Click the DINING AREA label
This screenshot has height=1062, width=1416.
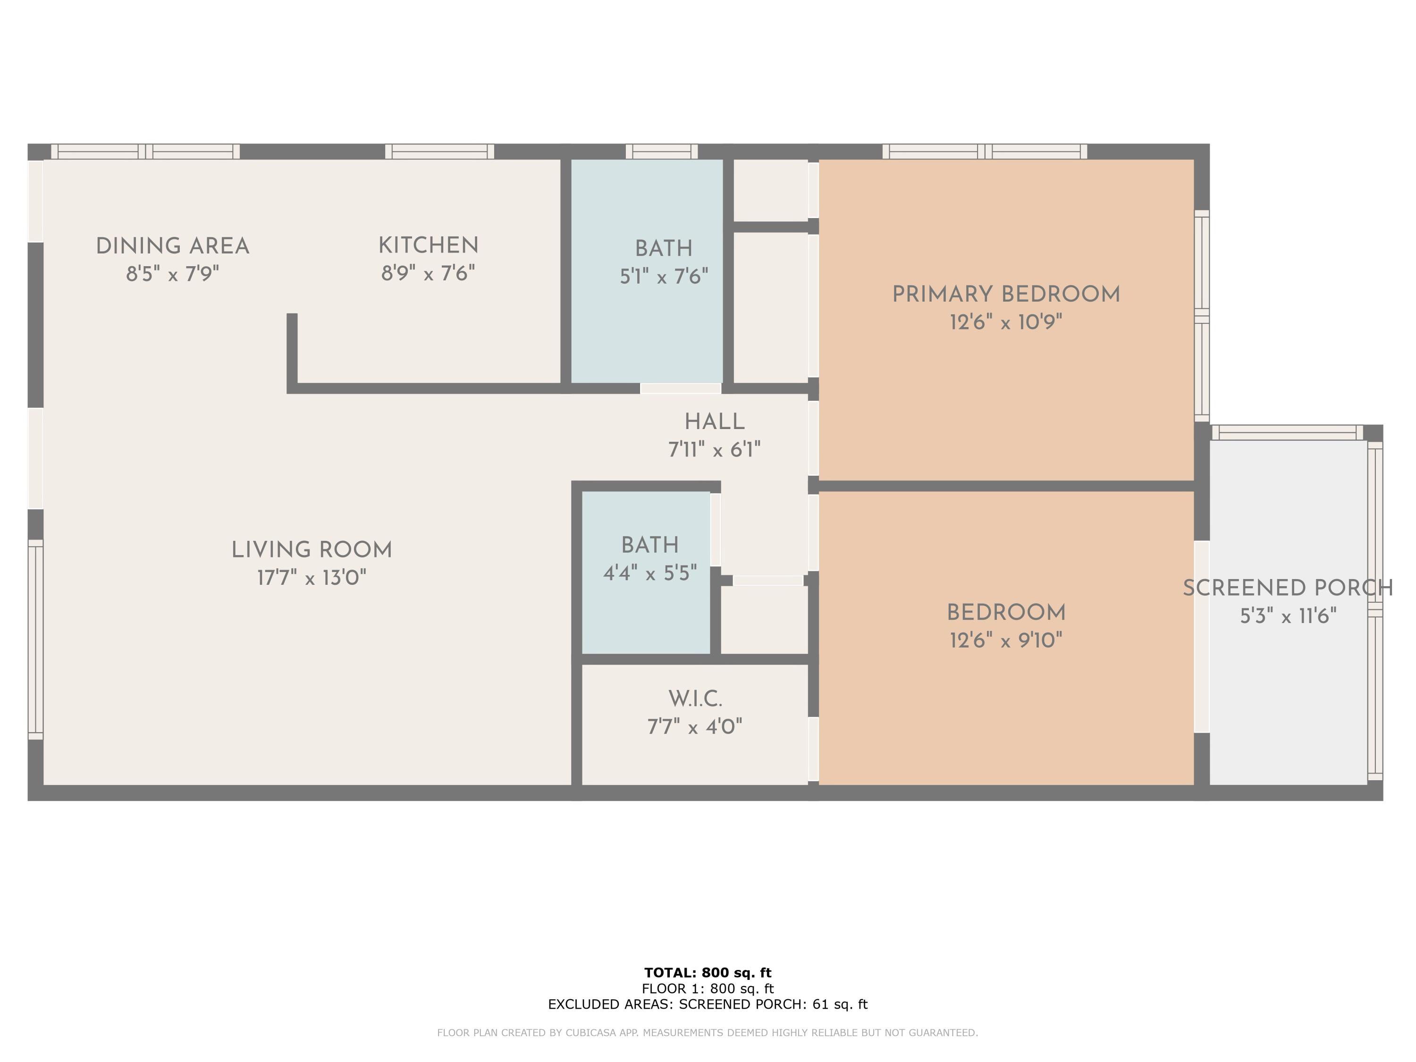click(172, 246)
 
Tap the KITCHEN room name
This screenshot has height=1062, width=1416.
click(428, 246)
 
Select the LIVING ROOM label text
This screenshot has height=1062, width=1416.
click(312, 550)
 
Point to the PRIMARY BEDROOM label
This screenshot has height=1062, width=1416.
click(1006, 295)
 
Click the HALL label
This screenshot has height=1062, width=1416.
click(715, 422)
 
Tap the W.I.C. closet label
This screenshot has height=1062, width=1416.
click(695, 699)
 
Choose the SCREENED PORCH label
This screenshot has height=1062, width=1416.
click(1288, 588)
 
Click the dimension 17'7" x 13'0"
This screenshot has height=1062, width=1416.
click(312, 578)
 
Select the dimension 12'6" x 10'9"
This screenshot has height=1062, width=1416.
click(1006, 322)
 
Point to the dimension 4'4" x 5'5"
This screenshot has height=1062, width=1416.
click(650, 573)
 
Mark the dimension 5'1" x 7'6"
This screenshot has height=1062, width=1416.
click(664, 277)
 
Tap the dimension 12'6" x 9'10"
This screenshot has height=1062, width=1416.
click(1006, 640)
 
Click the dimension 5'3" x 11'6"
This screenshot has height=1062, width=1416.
click(1288, 616)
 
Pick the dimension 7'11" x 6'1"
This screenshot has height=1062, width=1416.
click(715, 450)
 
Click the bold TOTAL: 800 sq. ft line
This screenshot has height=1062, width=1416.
click(708, 973)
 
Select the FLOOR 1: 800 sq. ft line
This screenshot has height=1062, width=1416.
click(708, 989)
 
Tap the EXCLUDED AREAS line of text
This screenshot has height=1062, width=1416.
click(708, 1004)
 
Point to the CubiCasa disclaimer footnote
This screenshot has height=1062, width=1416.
click(708, 1033)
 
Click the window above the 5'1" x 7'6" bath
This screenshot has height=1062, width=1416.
click(662, 152)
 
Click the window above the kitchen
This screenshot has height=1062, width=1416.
click(440, 152)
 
